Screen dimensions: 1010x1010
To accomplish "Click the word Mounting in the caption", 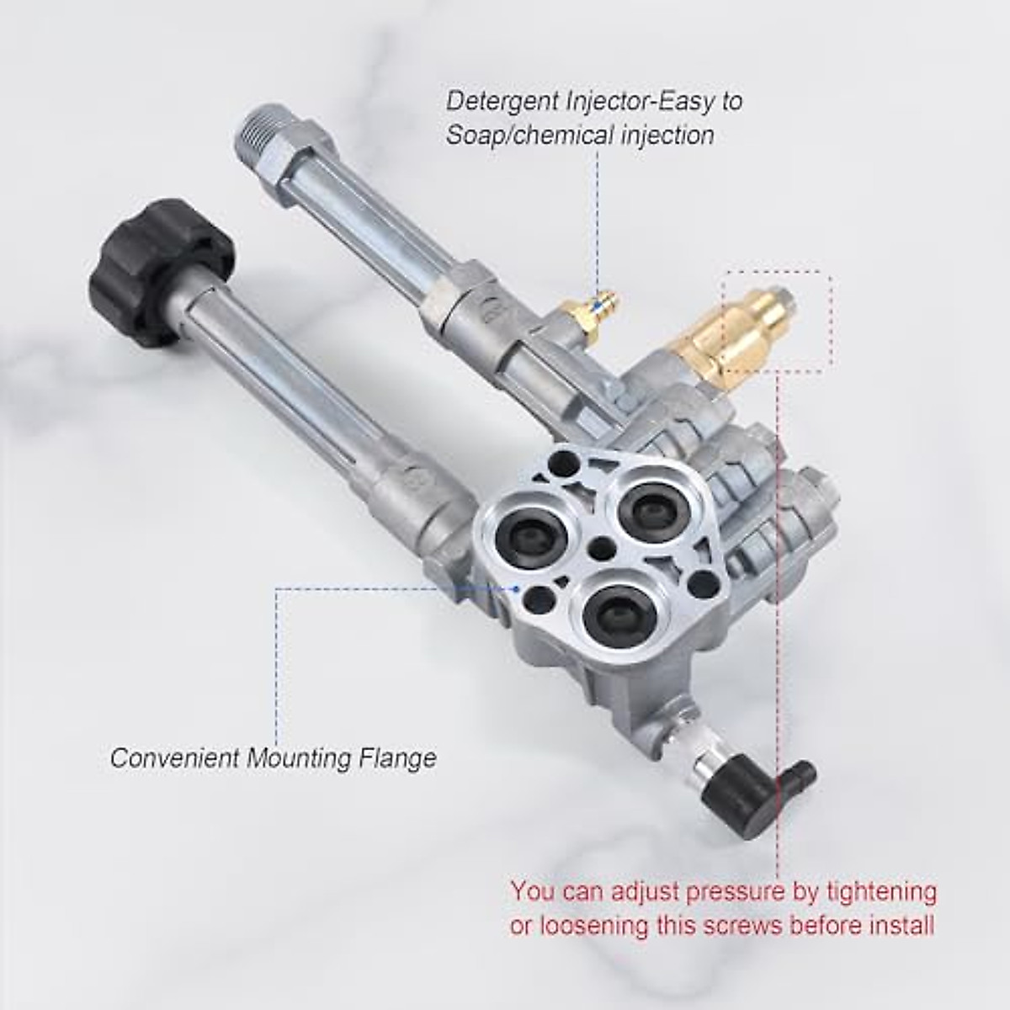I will pos(298,757).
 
